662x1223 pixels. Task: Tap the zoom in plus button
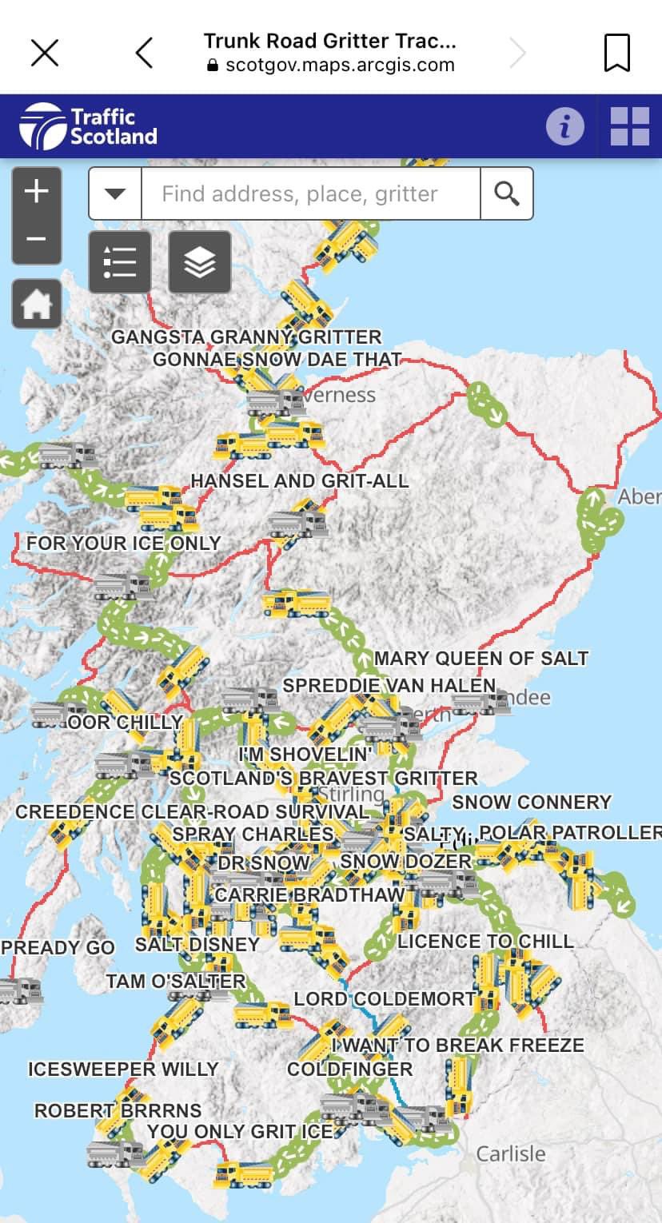coord(37,192)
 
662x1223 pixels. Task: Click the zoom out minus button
coord(37,239)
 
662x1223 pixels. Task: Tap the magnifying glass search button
coord(506,193)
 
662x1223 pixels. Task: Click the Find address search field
coord(310,193)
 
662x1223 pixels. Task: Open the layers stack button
coord(199,261)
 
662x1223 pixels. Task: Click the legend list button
coord(120,261)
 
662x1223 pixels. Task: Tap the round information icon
coord(564,126)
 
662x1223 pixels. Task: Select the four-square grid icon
coord(630,126)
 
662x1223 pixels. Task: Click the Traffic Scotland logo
coord(89,126)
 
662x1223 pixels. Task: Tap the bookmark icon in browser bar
coord(616,53)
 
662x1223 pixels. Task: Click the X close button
coord(45,53)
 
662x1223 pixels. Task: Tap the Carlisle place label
coord(511,1153)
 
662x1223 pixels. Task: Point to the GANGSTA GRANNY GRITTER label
coord(246,337)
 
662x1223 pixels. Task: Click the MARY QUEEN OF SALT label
coord(481,659)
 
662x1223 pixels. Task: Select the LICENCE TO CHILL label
coord(485,942)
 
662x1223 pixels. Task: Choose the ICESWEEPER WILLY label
coord(123,1070)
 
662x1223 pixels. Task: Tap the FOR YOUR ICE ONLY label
coord(123,544)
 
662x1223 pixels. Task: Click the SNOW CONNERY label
coord(532,802)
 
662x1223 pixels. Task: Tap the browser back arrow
coord(144,53)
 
